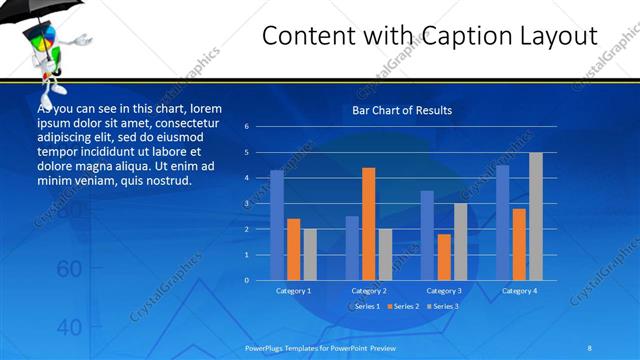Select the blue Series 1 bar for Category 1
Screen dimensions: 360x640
pos(277,225)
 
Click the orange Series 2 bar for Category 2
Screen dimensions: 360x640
pos(368,224)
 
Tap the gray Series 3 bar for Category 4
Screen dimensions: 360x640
pos(535,216)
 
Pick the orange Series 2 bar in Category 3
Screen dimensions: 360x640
pos(443,257)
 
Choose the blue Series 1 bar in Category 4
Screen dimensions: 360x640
pos(502,222)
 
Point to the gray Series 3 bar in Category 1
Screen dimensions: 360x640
pos(309,254)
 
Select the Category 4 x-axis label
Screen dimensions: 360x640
pos(519,291)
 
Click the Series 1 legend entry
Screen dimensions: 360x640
pos(366,305)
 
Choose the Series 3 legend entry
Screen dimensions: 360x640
pos(443,305)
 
